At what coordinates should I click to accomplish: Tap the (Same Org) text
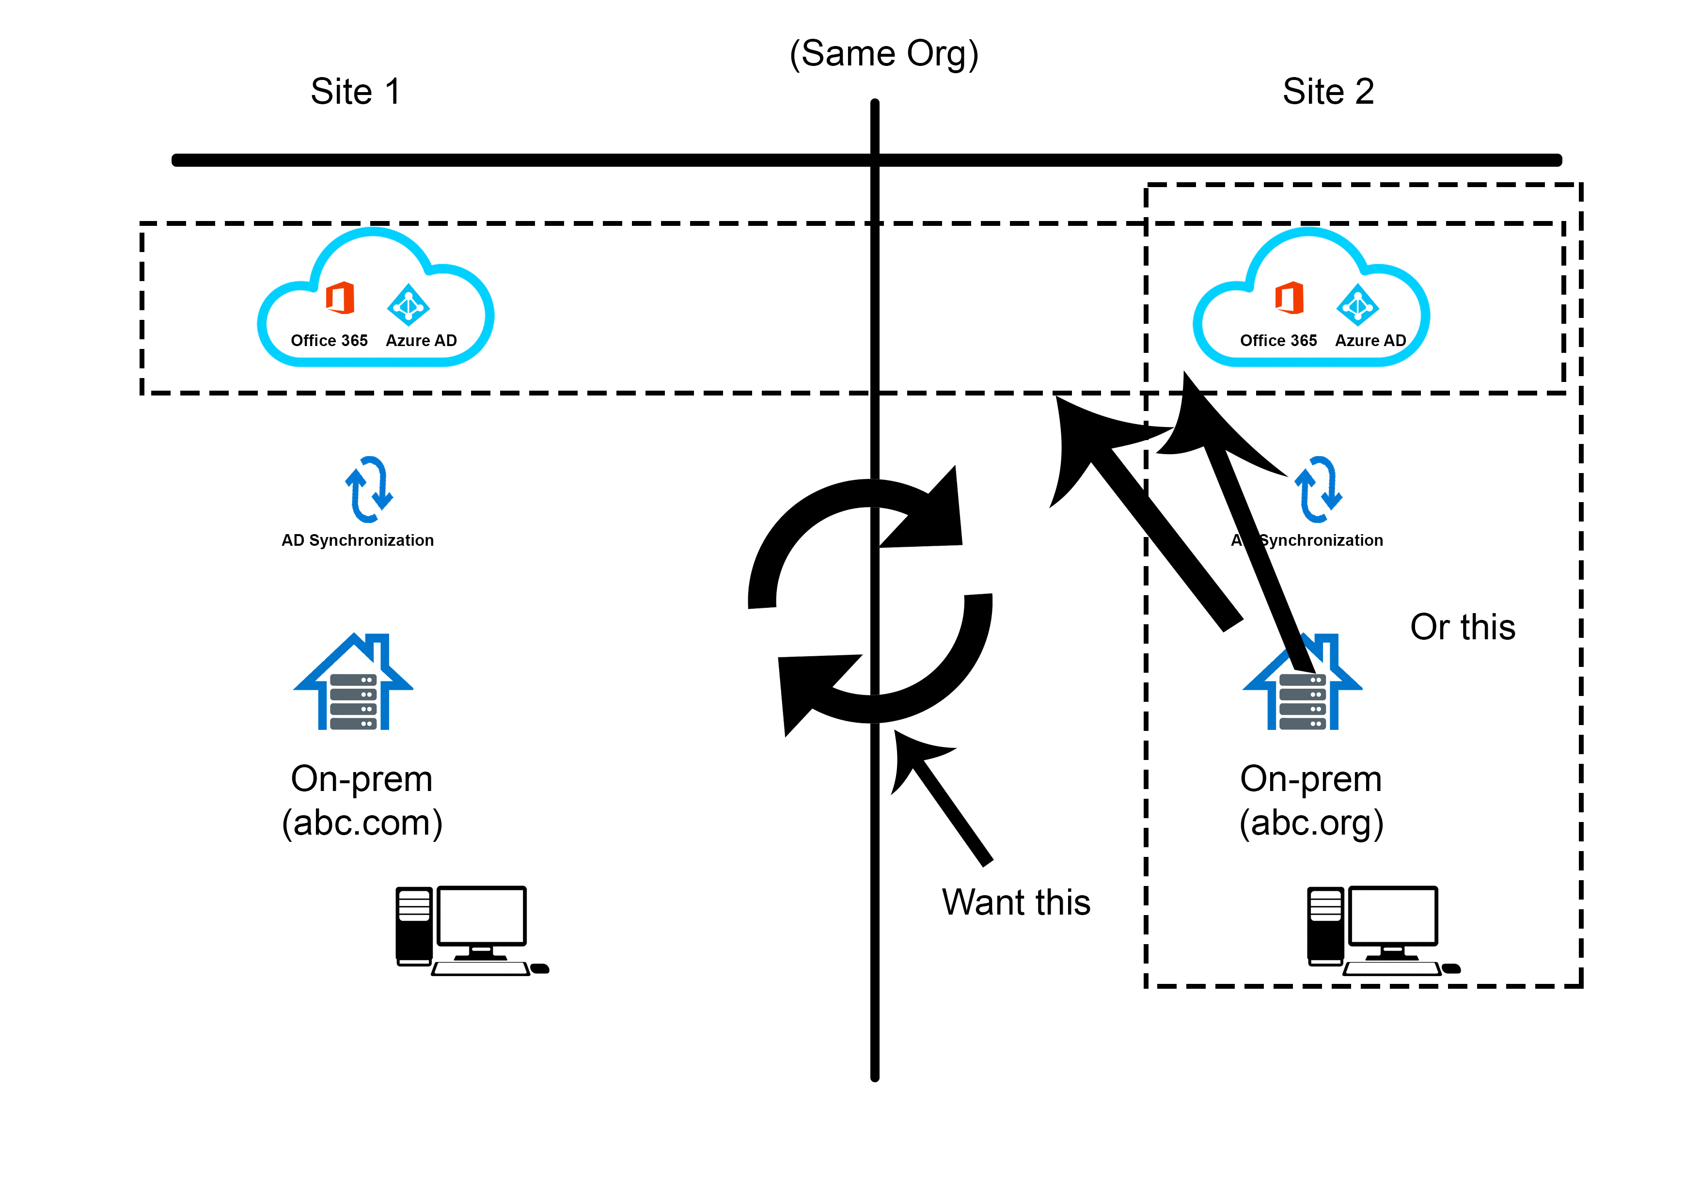click(883, 54)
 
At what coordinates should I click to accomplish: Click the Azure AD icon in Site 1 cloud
click(408, 304)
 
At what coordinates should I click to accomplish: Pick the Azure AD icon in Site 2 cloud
click(1357, 304)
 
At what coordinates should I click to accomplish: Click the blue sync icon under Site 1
click(369, 489)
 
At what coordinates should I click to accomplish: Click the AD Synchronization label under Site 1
click(358, 540)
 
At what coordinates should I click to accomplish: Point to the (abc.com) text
click(362, 823)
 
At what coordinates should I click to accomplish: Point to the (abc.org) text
click(1311, 823)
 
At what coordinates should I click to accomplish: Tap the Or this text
click(1463, 627)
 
